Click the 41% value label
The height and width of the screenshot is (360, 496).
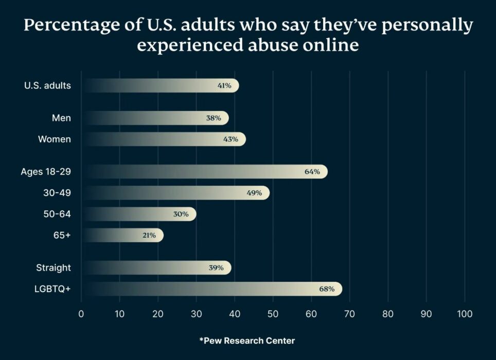click(224, 86)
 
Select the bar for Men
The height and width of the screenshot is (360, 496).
click(154, 118)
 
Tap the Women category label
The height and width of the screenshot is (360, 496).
click(55, 139)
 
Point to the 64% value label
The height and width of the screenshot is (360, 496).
click(312, 172)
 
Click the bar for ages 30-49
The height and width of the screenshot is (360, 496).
click(175, 193)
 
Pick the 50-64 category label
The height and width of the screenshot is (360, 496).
click(57, 214)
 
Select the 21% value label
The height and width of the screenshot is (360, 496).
click(149, 236)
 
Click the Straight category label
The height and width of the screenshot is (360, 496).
click(54, 267)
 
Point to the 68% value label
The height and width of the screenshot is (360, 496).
click(327, 289)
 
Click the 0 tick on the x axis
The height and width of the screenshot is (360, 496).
click(81, 314)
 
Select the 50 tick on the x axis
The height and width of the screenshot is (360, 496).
click(273, 314)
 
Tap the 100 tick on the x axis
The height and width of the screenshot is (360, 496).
click(465, 314)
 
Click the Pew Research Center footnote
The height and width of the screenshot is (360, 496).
click(247, 340)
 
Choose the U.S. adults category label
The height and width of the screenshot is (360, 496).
click(47, 86)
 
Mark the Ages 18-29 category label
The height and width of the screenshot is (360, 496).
click(46, 172)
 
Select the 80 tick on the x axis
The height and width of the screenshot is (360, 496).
click(388, 314)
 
